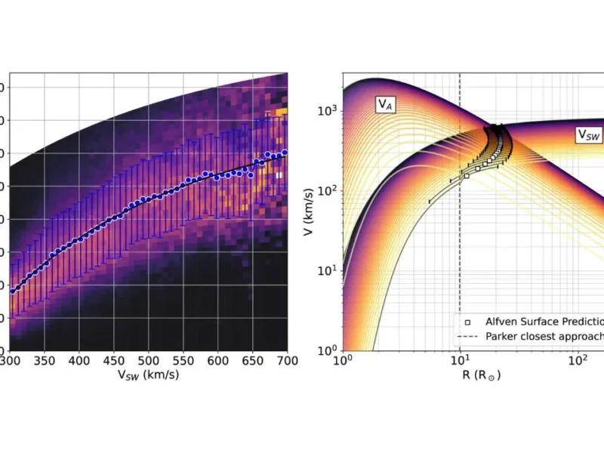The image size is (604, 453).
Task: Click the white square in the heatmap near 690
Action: (x=279, y=175)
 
